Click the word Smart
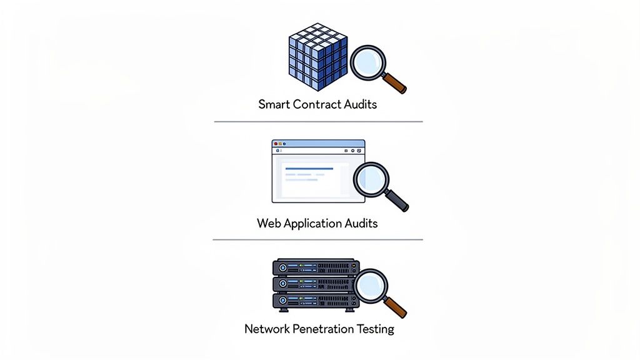(274, 104)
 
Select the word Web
(269, 223)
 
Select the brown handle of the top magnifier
(395, 82)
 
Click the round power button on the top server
(282, 267)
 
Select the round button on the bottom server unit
(282, 301)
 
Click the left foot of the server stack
(283, 311)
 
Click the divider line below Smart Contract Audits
(318, 121)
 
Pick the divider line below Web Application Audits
(318, 239)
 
